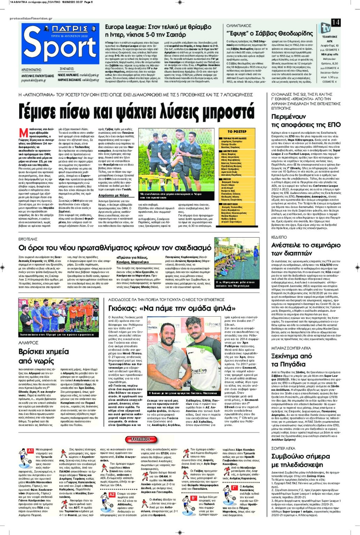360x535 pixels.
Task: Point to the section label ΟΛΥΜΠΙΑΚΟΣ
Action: (x=239, y=26)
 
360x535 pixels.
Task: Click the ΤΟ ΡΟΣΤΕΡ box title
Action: (x=237, y=132)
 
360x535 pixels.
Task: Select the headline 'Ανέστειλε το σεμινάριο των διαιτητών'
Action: (x=306, y=249)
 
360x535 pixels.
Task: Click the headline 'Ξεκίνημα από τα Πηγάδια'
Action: (x=291, y=360)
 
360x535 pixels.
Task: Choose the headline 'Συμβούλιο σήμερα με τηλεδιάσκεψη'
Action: (x=300, y=460)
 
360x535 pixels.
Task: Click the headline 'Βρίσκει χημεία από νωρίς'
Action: (x=44, y=356)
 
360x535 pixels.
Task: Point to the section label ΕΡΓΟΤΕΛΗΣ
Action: (x=28, y=239)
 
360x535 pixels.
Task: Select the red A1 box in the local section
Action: (x=30, y=451)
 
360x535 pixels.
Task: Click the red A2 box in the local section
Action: (x=112, y=494)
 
